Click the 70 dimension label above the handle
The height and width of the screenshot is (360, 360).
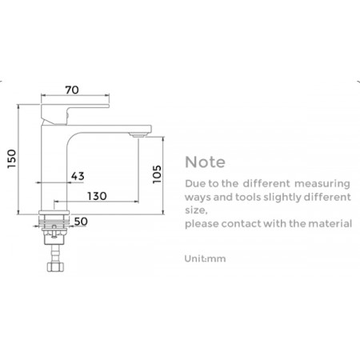pyautogui.click(x=72, y=90)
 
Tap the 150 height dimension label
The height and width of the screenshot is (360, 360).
pyautogui.click(x=12, y=158)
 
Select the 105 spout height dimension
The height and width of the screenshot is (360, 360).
pyautogui.click(x=157, y=174)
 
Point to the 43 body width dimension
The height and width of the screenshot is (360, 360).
pyautogui.click(x=78, y=176)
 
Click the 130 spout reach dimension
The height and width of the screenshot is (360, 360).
pyautogui.click(x=97, y=196)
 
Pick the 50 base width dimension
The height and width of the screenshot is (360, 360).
pyautogui.click(x=81, y=222)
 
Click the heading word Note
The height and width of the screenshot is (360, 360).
pyautogui.click(x=205, y=162)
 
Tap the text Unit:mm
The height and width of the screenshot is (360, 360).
pyautogui.click(x=205, y=258)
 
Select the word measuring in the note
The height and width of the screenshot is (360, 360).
pyautogui.click(x=322, y=184)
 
